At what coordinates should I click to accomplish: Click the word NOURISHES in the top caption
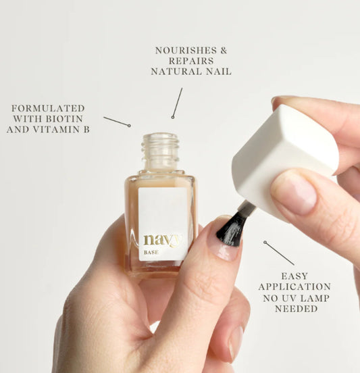[186, 51]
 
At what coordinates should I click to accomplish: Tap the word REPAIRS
[191, 61]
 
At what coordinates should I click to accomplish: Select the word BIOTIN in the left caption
[64, 119]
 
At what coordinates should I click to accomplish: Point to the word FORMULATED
[48, 108]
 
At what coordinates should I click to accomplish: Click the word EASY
[295, 276]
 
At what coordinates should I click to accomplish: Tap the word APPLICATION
[294, 287]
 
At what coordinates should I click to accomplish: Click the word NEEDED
[297, 309]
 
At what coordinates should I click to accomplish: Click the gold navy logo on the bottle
[162, 240]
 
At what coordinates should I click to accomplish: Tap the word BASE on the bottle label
[151, 253]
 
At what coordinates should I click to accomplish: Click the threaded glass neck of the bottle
[161, 151]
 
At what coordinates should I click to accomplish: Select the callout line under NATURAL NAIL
[178, 103]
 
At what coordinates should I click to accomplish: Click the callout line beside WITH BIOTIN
[117, 122]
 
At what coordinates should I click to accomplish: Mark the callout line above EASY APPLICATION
[279, 253]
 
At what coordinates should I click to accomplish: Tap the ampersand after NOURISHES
[224, 51]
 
